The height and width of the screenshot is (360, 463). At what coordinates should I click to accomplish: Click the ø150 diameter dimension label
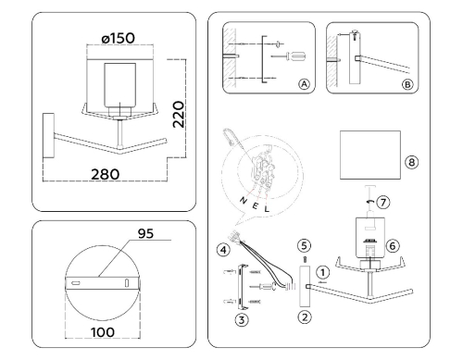(x=119, y=38)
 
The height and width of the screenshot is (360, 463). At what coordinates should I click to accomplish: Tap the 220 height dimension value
(x=179, y=114)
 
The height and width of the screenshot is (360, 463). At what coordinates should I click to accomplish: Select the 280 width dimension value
(x=105, y=174)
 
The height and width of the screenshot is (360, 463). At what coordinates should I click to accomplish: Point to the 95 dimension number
(x=145, y=233)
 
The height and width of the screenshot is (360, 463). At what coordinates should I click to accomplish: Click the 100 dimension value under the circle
(x=103, y=332)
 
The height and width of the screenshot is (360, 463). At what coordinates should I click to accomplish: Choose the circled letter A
(x=304, y=84)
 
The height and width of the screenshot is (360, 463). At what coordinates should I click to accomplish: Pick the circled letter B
(x=407, y=84)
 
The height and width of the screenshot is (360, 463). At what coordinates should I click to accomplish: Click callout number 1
(x=323, y=272)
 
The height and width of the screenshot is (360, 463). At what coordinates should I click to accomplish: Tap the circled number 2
(x=305, y=317)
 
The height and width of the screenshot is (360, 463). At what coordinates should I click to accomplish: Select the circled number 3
(x=242, y=320)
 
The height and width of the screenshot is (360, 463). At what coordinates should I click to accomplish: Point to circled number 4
(x=223, y=250)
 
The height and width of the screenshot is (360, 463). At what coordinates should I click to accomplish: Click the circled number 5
(x=305, y=246)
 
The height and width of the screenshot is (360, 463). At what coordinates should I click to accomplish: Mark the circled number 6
(x=393, y=246)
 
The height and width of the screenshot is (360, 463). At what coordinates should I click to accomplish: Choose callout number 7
(x=383, y=203)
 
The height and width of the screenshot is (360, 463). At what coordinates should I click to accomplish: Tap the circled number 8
(x=411, y=162)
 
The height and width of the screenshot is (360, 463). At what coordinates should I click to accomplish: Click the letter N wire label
(x=244, y=200)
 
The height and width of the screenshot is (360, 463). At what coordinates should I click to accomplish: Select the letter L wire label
(x=267, y=209)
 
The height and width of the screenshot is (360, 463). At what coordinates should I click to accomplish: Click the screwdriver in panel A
(x=288, y=56)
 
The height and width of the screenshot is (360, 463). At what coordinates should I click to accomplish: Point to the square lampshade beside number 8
(x=370, y=155)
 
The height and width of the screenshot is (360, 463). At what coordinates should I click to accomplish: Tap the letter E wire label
(x=255, y=205)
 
